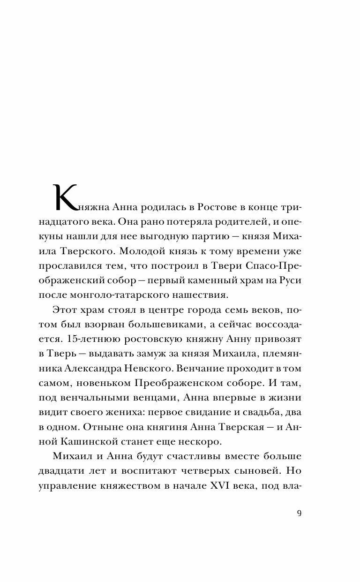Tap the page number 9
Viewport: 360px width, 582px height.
[300, 513]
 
